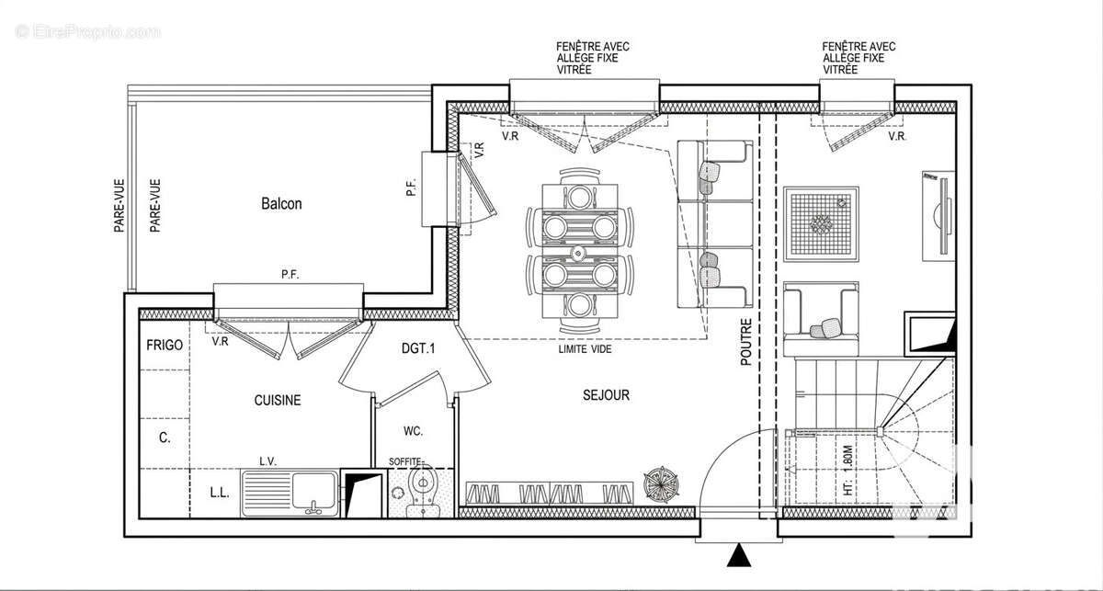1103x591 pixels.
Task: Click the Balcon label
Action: coord(281,203)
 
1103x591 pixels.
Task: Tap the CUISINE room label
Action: coord(278,400)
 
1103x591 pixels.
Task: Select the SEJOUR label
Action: coord(606,395)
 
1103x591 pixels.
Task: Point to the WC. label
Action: coord(413,431)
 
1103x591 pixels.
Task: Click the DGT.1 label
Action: coord(418,348)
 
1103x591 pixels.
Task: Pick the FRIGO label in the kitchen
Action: coord(165,346)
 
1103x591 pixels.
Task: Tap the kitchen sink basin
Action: coord(314,491)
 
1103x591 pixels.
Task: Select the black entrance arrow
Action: coord(739,556)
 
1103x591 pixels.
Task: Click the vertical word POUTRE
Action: coord(746,342)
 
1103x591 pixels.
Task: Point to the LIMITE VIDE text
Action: coord(585,349)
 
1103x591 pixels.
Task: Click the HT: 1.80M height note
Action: coord(847,471)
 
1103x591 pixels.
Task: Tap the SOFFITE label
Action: coord(405,461)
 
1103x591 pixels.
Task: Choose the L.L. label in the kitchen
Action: coord(220,493)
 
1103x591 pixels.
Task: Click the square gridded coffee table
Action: coord(822,224)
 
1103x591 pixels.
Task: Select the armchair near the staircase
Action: coord(821,319)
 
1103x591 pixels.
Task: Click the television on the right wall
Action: coord(939,216)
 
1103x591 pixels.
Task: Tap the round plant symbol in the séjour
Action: coord(661,484)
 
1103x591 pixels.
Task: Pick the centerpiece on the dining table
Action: coord(578,253)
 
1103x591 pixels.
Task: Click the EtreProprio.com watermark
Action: coord(87,32)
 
